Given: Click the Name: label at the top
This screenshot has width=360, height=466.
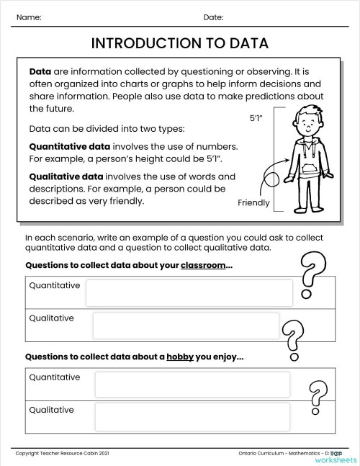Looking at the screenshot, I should pyautogui.click(x=28, y=17).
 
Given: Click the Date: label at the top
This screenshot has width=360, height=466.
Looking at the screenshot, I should pyautogui.click(x=213, y=17).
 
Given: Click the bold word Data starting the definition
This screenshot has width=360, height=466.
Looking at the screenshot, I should pyautogui.click(x=40, y=73).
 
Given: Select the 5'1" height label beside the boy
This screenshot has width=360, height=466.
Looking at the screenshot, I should pyautogui.click(x=256, y=119).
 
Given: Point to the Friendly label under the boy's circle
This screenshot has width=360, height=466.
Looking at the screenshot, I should pyautogui.click(x=253, y=202).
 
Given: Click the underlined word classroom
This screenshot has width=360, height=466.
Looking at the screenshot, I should pyautogui.click(x=203, y=265).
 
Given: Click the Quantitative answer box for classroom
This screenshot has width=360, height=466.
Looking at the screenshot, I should pyautogui.click(x=189, y=292).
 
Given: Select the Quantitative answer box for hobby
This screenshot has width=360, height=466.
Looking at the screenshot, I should pyautogui.click(x=192, y=384).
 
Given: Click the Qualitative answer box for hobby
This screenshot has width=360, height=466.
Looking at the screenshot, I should pyautogui.click(x=192, y=416).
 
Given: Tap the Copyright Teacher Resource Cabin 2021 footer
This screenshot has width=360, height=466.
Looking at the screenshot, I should pyautogui.click(x=60, y=452).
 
